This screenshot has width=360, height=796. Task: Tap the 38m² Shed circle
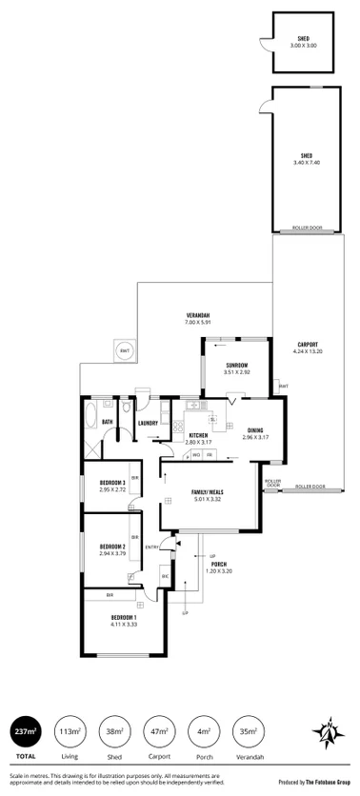(116, 732)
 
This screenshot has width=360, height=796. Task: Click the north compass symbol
(327, 734)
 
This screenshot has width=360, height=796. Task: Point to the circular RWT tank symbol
(124, 351)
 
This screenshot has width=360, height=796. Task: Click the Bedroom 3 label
(113, 486)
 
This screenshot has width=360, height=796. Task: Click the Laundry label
(148, 423)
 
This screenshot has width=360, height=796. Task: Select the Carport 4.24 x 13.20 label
(307, 348)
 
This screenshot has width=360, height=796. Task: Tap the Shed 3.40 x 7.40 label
(307, 159)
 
